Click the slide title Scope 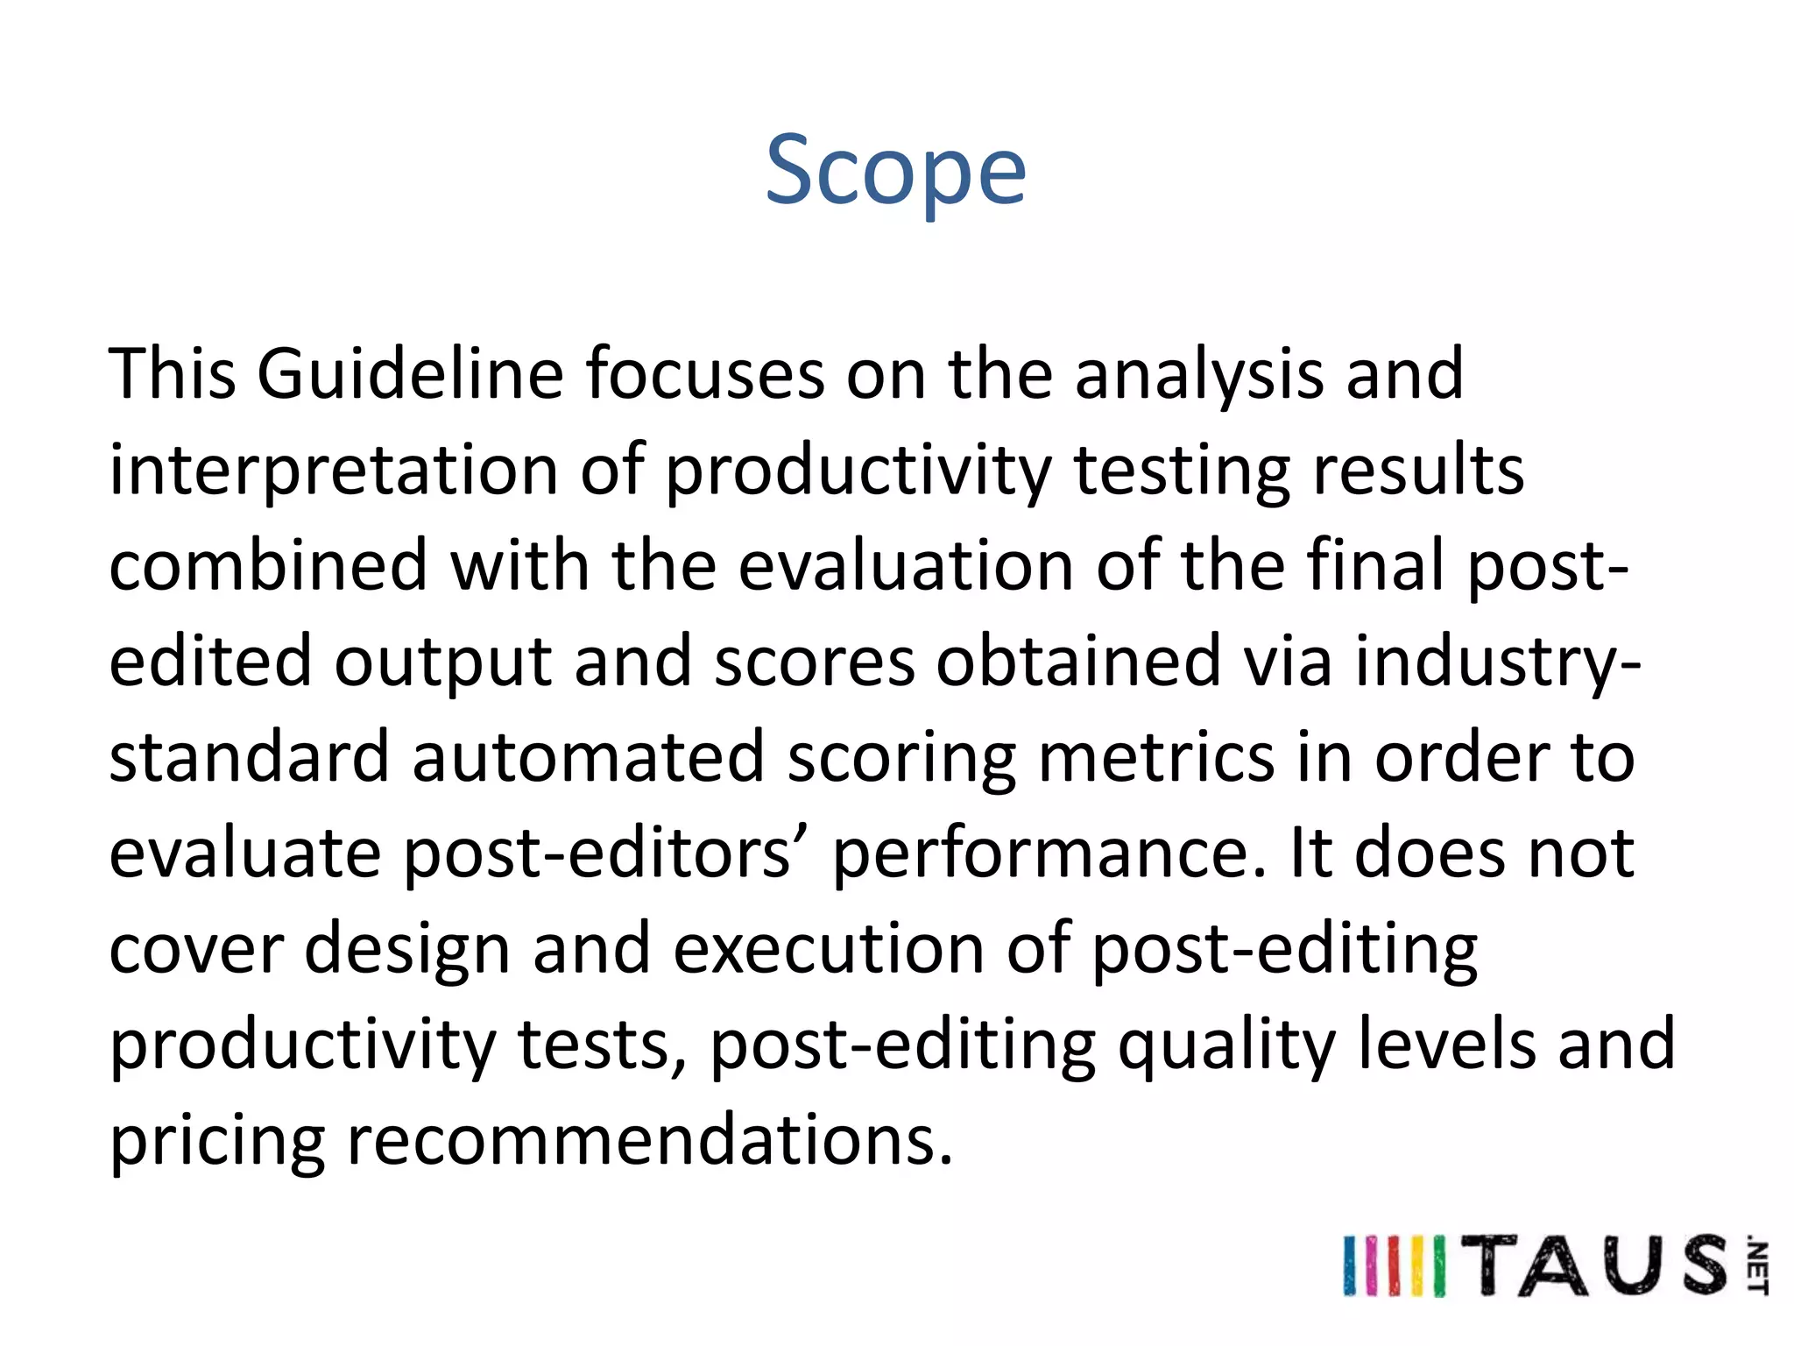click(x=895, y=170)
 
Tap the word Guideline click(x=410, y=374)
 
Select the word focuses click(x=705, y=374)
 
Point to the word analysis click(x=1199, y=374)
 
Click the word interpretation click(x=334, y=471)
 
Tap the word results click(x=1418, y=471)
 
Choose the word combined click(x=268, y=566)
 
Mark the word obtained click(x=1078, y=662)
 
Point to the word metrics click(x=1156, y=757)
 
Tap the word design click(x=406, y=949)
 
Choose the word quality click(x=1226, y=1045)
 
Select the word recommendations click(x=649, y=1141)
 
